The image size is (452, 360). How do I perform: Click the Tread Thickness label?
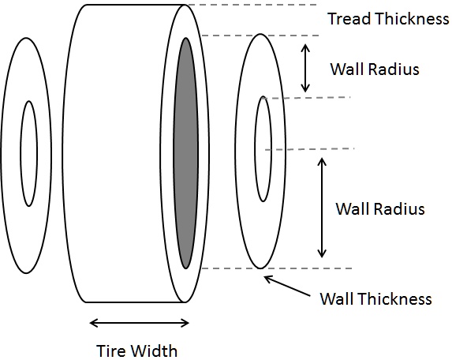point(387,19)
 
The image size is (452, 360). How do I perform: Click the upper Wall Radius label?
point(374,69)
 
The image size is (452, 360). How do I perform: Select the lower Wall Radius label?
point(380,209)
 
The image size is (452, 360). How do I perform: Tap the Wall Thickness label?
point(375,298)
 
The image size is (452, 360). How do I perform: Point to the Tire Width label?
point(137,351)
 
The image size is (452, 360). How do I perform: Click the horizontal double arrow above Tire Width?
point(139,322)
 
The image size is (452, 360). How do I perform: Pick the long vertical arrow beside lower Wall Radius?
point(321,207)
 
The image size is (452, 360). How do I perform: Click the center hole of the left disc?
point(28,153)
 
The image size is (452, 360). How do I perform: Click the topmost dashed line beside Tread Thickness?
point(252,6)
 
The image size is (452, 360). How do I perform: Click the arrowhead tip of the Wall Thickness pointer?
point(265,276)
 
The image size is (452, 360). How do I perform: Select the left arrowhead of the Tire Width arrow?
point(92,322)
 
